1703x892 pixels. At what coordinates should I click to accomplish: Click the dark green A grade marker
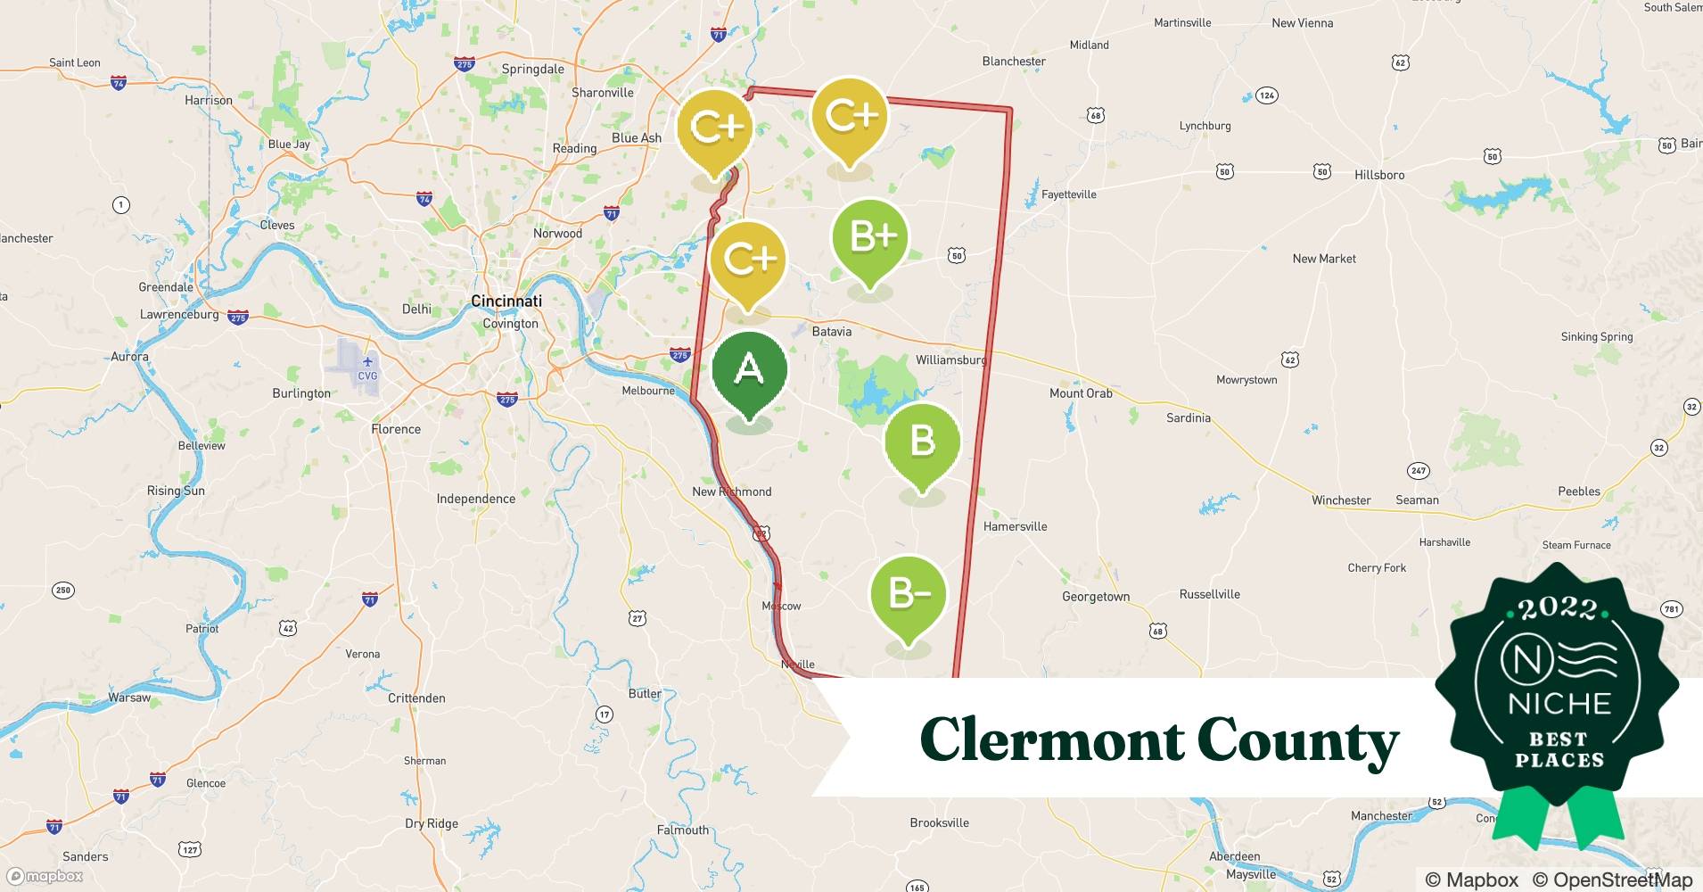pos(750,369)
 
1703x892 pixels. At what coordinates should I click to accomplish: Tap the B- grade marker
pos(908,594)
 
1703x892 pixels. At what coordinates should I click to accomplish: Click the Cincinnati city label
pos(506,301)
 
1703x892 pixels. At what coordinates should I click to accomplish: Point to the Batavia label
pos(831,332)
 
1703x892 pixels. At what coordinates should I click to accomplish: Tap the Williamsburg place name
pos(950,360)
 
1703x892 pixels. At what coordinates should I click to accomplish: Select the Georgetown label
pos(1095,597)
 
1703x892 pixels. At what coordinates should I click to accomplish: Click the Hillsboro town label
pos(1378,175)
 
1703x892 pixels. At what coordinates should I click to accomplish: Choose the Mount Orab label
pos(1081,393)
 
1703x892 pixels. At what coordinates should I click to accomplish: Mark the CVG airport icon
pos(367,362)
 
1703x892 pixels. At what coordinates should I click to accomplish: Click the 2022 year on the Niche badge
pos(1558,608)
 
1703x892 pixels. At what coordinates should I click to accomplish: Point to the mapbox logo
pos(45,876)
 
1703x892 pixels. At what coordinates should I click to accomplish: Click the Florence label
pos(396,429)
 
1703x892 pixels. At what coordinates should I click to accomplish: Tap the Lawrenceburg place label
pos(179,315)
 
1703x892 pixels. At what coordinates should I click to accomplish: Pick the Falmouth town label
pos(682,830)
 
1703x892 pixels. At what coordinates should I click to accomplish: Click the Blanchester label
pos(1014,62)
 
